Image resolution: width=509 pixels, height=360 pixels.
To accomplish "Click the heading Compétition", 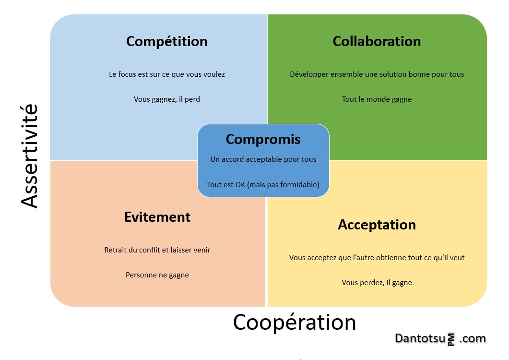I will (x=166, y=42).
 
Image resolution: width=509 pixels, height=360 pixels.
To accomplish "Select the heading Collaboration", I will (x=377, y=42).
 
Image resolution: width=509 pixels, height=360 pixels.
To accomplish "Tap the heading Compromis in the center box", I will (x=263, y=139).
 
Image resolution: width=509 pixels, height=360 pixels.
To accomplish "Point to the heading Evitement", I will (x=157, y=217).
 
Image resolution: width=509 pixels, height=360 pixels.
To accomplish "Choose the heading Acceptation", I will (x=377, y=225).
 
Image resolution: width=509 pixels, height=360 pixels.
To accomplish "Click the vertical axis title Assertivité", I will (x=30, y=156).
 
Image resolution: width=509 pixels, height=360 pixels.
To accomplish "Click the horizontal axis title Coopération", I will (x=295, y=322).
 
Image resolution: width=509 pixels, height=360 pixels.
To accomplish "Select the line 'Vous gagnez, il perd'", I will (x=166, y=99).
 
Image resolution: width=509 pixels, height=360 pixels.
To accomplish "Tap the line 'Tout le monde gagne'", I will (x=377, y=99).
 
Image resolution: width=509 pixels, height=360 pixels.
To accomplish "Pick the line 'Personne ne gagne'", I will (x=157, y=275).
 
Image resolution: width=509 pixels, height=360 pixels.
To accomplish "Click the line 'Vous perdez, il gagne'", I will (x=377, y=283).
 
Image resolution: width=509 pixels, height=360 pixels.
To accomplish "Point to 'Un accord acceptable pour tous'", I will (x=263, y=159).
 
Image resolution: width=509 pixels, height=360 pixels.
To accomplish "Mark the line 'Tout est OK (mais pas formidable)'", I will (x=263, y=184).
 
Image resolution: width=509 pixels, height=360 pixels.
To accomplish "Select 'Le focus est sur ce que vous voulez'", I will (x=166, y=74).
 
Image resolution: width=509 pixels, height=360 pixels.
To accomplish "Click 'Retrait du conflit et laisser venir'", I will (x=157, y=250).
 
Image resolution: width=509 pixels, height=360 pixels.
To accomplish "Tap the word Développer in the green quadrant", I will (x=308, y=74).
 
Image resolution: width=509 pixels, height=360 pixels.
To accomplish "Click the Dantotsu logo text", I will (x=420, y=338).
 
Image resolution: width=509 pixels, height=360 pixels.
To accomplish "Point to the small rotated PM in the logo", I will (x=451, y=340).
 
